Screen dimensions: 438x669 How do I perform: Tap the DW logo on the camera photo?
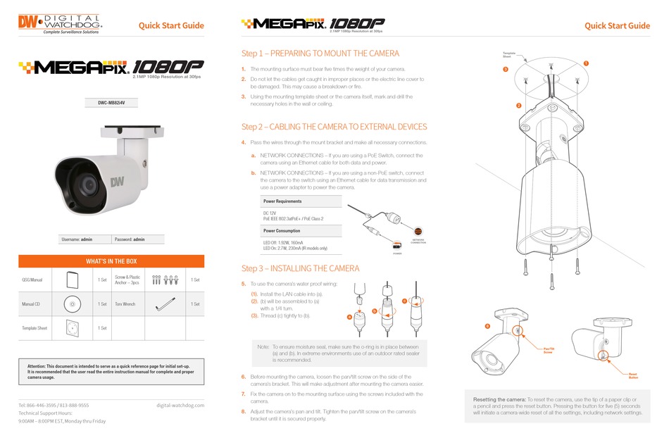click(117, 182)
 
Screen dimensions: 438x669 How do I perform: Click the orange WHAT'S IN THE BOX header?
click(111, 261)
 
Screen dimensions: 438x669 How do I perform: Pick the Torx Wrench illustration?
click(165, 304)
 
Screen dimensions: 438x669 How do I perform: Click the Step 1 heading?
click(320, 54)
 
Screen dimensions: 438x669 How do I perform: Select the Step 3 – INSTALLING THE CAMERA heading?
click(300, 268)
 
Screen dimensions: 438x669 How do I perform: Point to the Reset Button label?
click(632, 375)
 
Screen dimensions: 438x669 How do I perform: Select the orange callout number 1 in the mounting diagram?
click(586, 64)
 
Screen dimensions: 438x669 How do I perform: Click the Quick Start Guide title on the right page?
click(617, 26)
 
